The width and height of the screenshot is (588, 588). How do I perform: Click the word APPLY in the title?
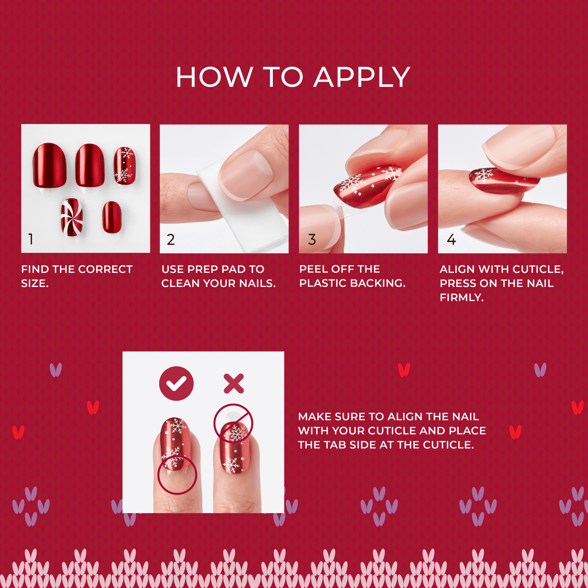[x=361, y=77]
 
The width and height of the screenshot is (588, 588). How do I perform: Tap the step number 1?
[x=31, y=239]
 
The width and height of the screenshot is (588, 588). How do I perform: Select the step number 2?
[x=171, y=240]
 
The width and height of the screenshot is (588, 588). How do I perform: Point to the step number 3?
[x=312, y=240]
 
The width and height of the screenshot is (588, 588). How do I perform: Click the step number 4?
[x=451, y=240]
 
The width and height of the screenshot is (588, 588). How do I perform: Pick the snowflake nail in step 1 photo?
[x=125, y=166]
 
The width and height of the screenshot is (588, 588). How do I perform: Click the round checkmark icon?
[x=176, y=383]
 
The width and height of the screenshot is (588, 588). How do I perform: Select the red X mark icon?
[x=234, y=383]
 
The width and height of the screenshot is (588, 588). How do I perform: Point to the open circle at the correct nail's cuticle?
[x=177, y=475]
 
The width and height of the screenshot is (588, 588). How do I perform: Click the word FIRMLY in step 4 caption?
[x=461, y=298]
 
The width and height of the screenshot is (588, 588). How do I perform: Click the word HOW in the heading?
[x=214, y=77]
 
